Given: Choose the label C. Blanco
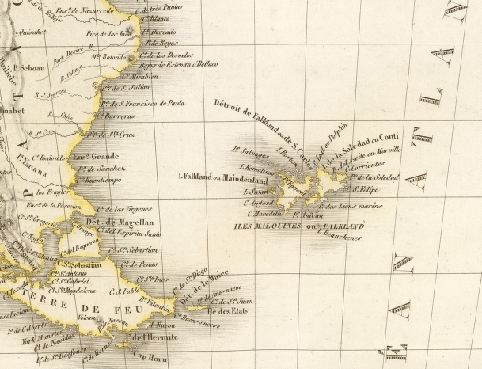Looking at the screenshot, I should [157, 17].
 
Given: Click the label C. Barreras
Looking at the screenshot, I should [112, 116].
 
